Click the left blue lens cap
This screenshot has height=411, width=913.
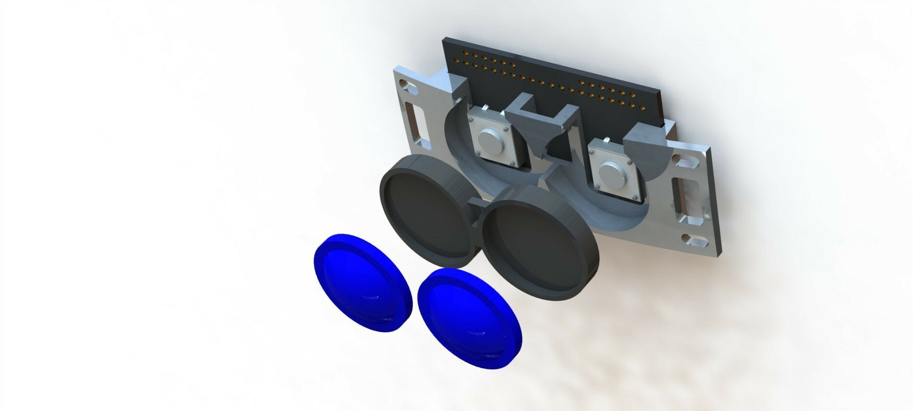[x=362, y=282]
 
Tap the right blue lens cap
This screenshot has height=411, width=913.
[x=469, y=317]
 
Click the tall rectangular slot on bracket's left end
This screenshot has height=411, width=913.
[x=415, y=124]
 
